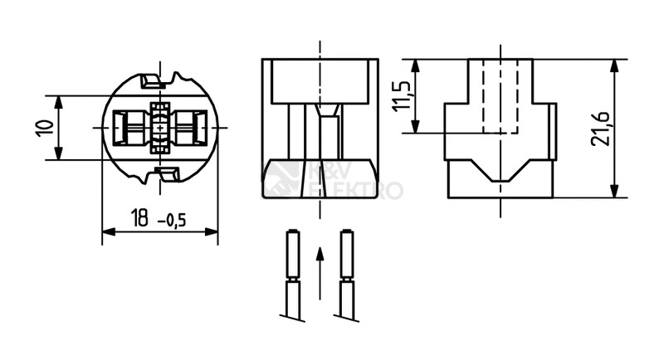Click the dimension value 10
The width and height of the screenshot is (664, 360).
45,128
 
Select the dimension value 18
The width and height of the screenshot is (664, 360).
139,217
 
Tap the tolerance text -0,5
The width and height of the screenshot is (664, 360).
172,220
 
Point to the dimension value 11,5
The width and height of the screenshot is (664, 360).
402,96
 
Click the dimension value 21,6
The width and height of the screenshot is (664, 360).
600,129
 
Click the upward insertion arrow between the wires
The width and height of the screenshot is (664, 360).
320,273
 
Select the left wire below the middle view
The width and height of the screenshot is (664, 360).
293,275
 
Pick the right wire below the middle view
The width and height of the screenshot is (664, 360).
347,275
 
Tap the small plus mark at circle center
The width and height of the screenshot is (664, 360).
159,128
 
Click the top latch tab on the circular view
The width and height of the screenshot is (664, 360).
151,81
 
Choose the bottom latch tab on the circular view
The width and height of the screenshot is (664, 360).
168,174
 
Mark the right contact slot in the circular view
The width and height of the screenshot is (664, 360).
188,128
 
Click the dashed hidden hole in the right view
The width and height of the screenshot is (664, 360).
500,96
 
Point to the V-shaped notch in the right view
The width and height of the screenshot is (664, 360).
500,171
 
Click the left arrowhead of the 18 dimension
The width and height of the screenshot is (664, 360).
109,231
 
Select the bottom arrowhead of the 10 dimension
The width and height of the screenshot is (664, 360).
58,153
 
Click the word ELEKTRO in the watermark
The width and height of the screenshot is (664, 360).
356,190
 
